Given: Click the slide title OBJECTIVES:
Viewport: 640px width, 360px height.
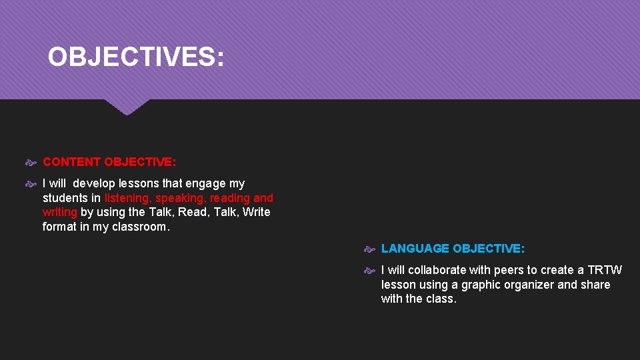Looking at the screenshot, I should click(136, 57).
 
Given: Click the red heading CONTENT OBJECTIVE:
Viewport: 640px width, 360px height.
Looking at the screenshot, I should click(109, 161).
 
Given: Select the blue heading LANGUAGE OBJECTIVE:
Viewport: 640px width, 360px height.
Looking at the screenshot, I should click(453, 249).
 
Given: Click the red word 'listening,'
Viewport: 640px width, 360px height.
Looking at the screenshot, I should click(128, 198).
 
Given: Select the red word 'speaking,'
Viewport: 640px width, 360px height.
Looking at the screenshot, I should click(181, 198).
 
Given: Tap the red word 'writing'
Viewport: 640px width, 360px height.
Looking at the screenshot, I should click(60, 212).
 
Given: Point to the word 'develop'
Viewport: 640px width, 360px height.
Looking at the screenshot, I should click(94, 183).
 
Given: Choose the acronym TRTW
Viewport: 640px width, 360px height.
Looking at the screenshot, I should click(605, 270).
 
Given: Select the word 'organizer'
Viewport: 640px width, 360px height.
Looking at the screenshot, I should click(531, 285).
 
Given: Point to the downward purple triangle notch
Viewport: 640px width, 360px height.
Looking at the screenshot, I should click(127, 107).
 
